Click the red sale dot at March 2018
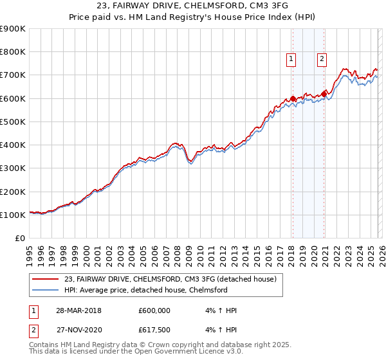point(293,98)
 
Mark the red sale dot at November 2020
point(324,95)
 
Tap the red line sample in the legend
point(47,279)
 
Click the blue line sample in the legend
point(47,290)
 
